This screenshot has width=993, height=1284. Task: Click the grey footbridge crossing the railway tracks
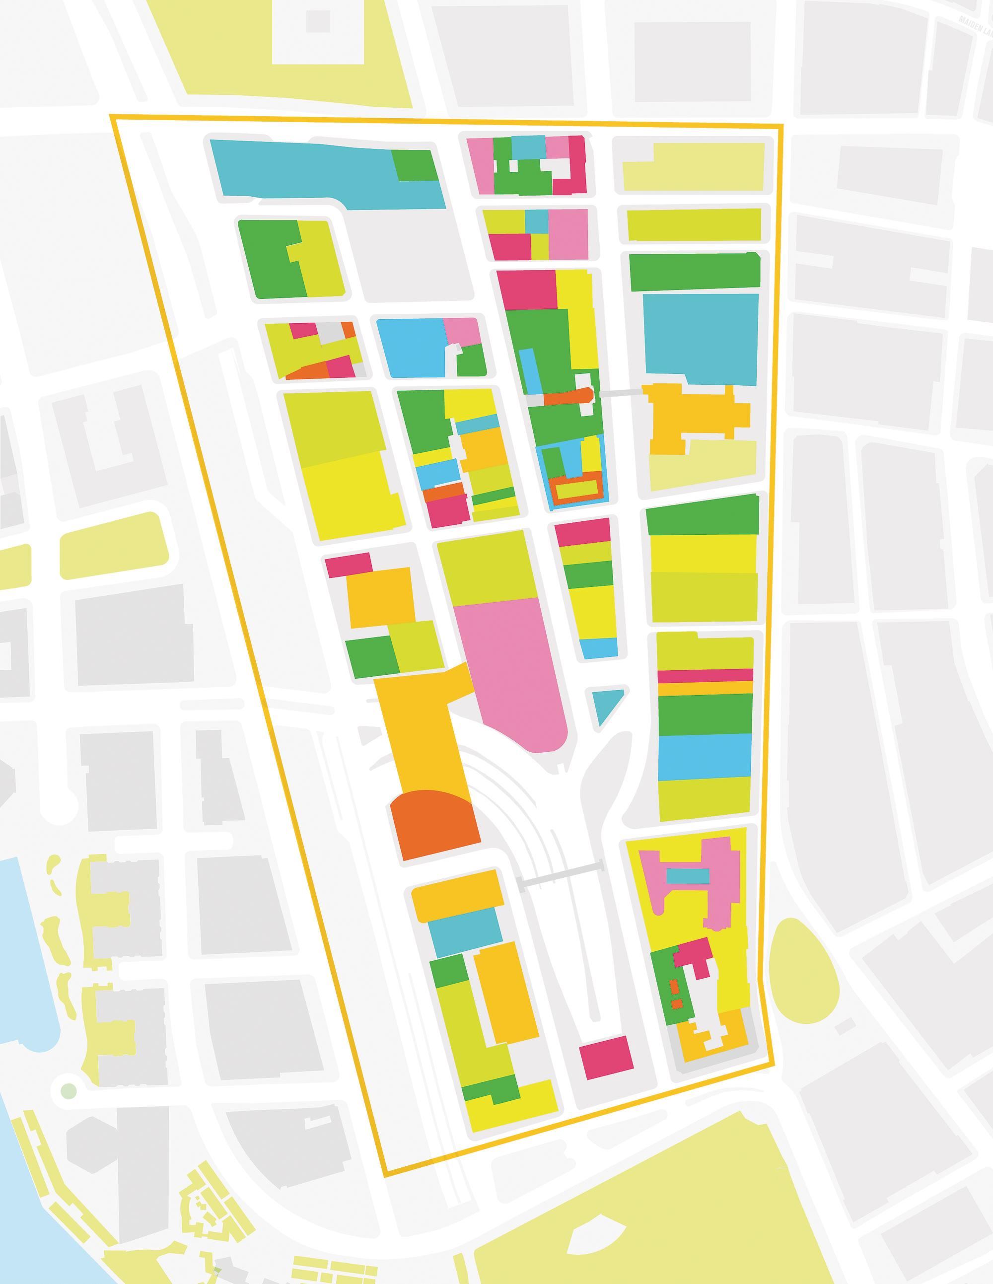[561, 876]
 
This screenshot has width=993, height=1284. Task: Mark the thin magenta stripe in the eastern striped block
[705, 675]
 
